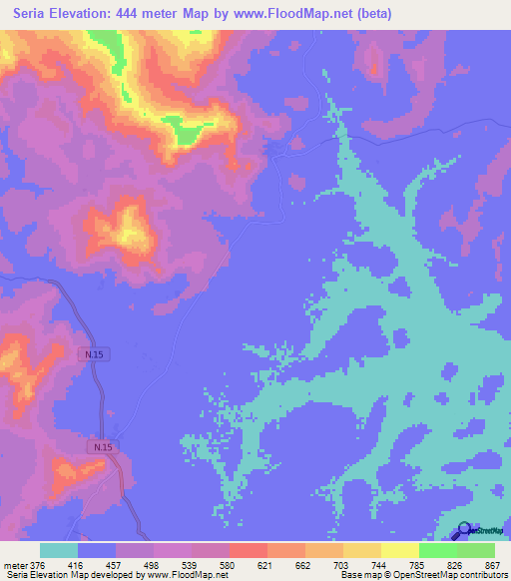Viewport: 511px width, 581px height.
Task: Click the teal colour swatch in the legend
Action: (59, 550)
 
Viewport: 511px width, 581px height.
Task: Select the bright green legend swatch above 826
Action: (438, 550)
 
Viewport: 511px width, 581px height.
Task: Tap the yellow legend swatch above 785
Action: (400, 550)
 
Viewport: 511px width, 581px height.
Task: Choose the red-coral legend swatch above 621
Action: (249, 550)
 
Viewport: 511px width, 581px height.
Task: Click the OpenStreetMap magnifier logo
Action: (463, 531)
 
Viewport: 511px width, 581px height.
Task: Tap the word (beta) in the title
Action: (372, 14)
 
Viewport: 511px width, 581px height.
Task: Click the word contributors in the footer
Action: (478, 575)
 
